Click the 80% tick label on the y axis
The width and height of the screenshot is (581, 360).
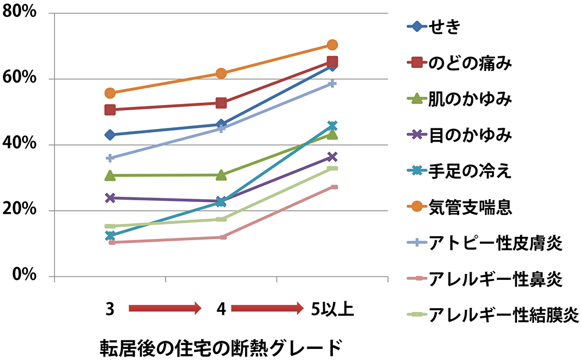coord(21,13)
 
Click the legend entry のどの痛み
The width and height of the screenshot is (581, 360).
coord(471,63)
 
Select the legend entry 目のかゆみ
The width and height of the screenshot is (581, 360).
coord(471,135)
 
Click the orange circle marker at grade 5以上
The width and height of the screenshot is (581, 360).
coord(332,45)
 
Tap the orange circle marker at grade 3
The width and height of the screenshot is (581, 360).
coord(110,93)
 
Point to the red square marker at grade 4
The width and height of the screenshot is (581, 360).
coord(221,103)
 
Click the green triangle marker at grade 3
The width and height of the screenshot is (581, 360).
coord(110,175)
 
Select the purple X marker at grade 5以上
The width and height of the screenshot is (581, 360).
coord(332,157)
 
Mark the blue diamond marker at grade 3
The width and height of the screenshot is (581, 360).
coord(110,135)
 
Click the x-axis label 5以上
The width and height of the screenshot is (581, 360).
coord(332,309)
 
